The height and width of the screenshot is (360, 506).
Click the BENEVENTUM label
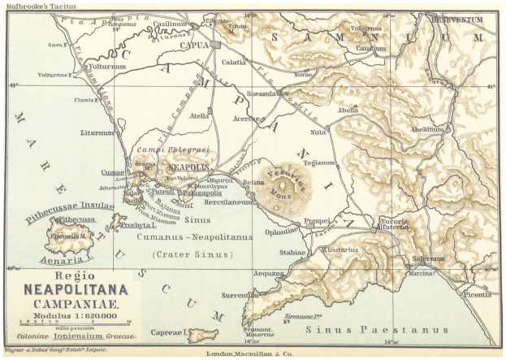coord(456,19)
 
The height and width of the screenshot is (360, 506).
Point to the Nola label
coord(318,132)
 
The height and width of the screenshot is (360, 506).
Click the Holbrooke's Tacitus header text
coord(34,6)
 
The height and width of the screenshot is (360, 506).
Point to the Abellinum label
coord(427,129)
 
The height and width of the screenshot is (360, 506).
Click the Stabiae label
coord(293,253)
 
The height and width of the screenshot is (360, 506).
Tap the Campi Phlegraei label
coord(183,150)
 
